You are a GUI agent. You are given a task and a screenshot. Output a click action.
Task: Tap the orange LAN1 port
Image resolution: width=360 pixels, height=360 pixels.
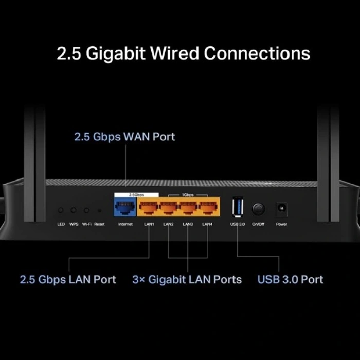point(149,208)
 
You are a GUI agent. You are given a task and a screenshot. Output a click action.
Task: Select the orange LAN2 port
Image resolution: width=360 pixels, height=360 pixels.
point(168,208)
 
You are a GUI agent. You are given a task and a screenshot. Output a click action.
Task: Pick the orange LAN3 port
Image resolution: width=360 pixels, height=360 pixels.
point(188,208)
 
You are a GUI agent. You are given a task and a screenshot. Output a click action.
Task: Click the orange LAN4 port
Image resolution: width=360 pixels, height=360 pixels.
point(207,208)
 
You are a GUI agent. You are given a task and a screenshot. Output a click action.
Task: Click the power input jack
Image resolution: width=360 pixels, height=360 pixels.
point(281,209)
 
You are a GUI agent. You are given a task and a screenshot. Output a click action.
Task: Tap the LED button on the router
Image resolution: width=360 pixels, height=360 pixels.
point(61,210)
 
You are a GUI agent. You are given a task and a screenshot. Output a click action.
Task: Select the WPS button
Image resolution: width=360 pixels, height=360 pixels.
point(74,210)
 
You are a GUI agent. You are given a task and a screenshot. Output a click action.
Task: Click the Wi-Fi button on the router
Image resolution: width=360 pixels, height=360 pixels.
point(86,210)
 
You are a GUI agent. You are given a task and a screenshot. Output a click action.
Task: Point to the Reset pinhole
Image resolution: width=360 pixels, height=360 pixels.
point(99,211)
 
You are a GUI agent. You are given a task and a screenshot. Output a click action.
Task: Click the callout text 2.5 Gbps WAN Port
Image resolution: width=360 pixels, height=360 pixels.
point(124,137)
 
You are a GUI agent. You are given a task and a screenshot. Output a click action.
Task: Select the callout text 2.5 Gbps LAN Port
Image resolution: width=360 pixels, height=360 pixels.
point(68,280)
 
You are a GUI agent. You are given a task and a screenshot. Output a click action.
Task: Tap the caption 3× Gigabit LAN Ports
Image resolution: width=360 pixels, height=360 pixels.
point(187,280)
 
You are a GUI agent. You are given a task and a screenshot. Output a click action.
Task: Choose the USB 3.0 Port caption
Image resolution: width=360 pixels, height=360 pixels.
point(290,280)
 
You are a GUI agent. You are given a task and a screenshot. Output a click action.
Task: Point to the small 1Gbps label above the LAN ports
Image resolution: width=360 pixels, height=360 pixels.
point(188,195)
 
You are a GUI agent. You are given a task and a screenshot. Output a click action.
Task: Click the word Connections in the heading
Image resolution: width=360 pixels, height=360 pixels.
point(257,53)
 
